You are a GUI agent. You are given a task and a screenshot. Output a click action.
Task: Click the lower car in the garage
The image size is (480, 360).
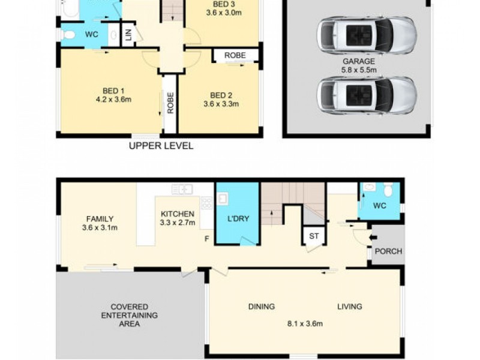pyautogui.click(x=366, y=94)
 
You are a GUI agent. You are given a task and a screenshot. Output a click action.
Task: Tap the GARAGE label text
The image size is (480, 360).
pyautogui.click(x=359, y=61)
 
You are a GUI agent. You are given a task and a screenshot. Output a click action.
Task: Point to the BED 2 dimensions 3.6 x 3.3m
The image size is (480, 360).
pyautogui.click(x=221, y=104)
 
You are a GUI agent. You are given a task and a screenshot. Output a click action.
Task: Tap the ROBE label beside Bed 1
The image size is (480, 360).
pyautogui.click(x=170, y=104)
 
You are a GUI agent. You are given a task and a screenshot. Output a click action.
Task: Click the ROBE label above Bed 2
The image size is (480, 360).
pyautogui.click(x=235, y=55)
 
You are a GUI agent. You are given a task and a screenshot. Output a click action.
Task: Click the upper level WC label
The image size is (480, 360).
pyautogui.click(x=91, y=35)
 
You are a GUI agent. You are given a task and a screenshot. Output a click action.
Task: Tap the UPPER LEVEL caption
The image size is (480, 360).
pyautogui.click(x=161, y=146)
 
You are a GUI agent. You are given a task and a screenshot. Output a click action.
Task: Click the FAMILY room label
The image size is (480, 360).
pyautogui.click(x=100, y=219)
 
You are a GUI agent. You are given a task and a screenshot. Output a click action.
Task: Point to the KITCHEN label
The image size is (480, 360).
pyautogui.click(x=177, y=214)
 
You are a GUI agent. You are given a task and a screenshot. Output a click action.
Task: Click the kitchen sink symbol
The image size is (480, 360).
pyautogui.click(x=182, y=190)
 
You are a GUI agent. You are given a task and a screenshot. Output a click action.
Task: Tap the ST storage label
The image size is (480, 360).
pyautogui.click(x=313, y=236)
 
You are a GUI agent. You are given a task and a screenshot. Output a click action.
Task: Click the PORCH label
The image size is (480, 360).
pyautogui.click(x=388, y=251)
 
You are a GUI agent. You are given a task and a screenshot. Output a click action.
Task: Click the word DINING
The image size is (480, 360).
pyautogui.click(x=262, y=307)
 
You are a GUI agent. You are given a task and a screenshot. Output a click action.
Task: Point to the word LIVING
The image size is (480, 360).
pyautogui.click(x=349, y=307)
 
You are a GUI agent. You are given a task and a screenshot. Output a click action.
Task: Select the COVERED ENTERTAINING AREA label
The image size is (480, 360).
pyautogui.click(x=129, y=315)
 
